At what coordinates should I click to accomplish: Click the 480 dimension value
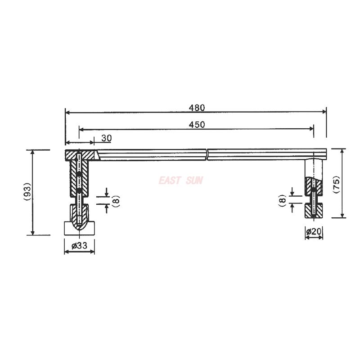[x=196, y=108]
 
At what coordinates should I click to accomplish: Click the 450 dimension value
[x=196, y=125]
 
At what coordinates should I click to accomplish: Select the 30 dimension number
[x=106, y=138]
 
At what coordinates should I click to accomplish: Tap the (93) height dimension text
[x=27, y=192]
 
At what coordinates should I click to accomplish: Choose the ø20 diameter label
[x=314, y=231]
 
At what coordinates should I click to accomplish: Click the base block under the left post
[x=79, y=228]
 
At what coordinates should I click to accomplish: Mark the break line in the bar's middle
[x=207, y=154]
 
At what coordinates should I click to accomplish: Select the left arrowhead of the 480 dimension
[x=67, y=112]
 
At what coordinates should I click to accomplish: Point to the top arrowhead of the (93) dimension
[x=32, y=152]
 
